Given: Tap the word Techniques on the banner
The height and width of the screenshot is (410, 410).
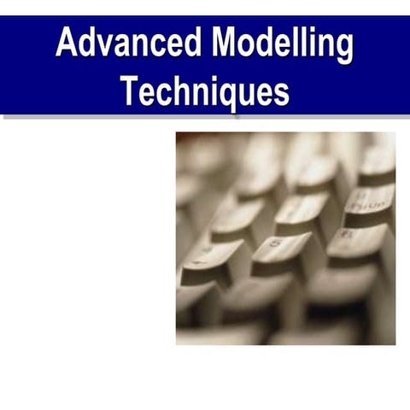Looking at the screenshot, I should pyautogui.click(x=205, y=91).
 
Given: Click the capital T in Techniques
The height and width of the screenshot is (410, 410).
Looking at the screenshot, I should pyautogui.click(x=129, y=91).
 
